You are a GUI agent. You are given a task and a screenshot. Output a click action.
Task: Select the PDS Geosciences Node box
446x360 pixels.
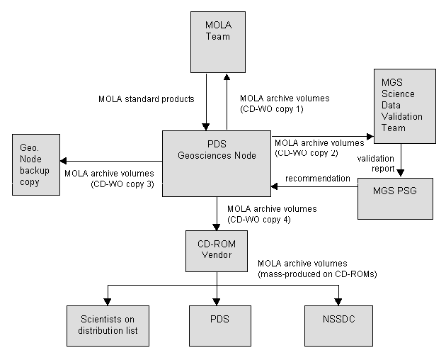(217, 162)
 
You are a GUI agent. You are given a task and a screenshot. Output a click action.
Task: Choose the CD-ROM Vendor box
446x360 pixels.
(217, 250)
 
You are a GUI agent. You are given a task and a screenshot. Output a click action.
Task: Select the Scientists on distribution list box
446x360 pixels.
(108, 325)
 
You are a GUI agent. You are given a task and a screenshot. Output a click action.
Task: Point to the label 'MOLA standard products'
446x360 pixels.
(146, 99)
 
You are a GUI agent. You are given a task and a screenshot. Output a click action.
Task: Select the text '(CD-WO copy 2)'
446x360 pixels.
(305, 152)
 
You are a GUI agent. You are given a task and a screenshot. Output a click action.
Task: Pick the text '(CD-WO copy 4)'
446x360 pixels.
(259, 219)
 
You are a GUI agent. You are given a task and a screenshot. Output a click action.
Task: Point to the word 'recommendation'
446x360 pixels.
(319, 178)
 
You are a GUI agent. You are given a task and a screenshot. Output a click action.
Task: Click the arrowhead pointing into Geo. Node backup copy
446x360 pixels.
(63, 160)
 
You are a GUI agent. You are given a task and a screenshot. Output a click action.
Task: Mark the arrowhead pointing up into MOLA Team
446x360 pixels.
(226, 77)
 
